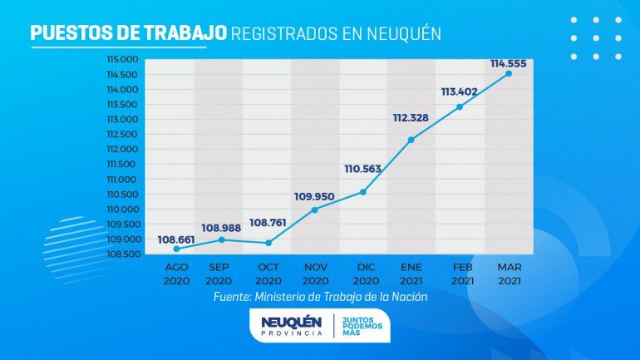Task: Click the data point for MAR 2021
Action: click(509, 73)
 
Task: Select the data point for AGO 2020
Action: click(176, 249)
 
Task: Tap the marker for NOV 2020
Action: click(314, 210)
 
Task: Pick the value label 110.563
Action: click(362, 170)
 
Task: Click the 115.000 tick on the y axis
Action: click(121, 59)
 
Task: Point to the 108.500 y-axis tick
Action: click(121, 254)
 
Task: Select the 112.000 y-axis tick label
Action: click(121, 149)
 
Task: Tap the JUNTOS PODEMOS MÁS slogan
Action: click(360, 326)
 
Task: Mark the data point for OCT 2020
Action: click(268, 243)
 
